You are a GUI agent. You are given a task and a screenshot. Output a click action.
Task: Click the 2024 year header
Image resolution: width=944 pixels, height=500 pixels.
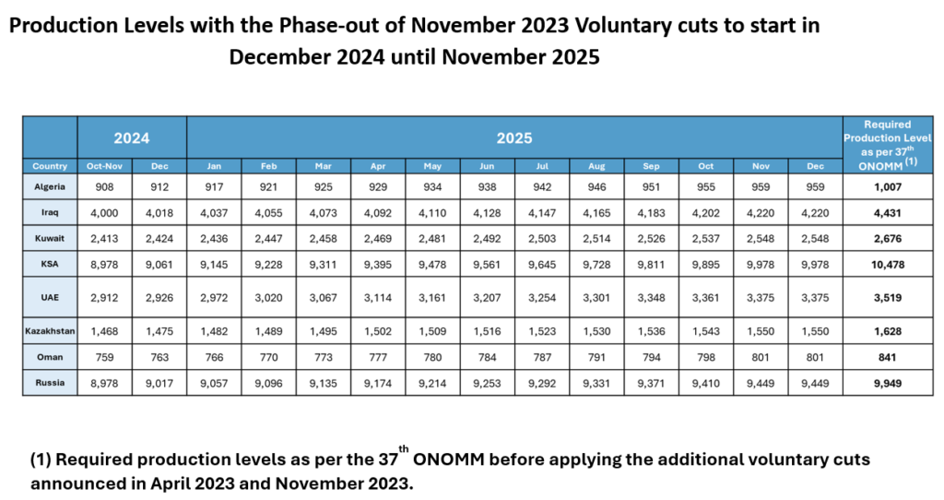click(132, 137)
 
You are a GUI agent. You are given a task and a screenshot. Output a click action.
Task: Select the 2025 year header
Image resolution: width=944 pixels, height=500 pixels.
click(514, 137)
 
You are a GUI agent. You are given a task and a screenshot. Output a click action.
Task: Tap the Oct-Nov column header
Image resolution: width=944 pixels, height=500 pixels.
click(104, 166)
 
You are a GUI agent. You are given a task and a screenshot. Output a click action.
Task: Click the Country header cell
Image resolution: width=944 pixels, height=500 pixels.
click(50, 166)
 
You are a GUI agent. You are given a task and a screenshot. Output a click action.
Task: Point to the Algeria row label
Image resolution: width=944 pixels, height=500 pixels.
click(50, 186)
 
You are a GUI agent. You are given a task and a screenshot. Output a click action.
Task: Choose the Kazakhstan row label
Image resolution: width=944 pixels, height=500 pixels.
click(50, 330)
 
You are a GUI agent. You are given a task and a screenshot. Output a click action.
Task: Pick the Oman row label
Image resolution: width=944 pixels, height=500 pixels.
click(50, 356)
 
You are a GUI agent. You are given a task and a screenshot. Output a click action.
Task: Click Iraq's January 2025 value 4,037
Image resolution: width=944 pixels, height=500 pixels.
click(214, 212)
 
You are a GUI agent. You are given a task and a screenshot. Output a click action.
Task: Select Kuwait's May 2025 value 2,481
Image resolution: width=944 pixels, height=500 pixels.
click(432, 238)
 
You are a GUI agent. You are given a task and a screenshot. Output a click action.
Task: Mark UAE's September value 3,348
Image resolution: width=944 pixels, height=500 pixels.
click(651, 299)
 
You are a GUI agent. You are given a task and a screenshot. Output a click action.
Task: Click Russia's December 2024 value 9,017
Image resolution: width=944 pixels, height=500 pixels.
click(159, 382)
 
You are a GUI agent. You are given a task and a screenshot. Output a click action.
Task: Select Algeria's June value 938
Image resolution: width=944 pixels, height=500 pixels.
click(487, 186)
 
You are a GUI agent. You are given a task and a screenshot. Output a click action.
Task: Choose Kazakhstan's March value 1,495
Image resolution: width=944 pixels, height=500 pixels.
click(324, 330)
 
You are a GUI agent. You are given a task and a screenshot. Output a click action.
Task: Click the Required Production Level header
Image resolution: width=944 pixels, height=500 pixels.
click(888, 143)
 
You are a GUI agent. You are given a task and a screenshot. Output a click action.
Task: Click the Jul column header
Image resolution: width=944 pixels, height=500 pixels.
click(542, 166)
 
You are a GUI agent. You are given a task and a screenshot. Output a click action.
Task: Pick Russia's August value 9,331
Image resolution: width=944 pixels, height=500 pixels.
click(596, 382)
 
